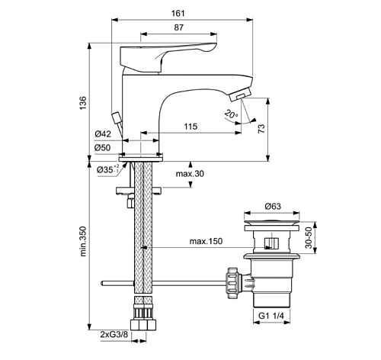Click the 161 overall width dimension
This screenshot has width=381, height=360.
click(x=178, y=13)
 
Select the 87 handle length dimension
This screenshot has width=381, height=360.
click(x=179, y=27)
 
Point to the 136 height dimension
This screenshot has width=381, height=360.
click(x=83, y=103)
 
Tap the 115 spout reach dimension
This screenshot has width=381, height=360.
click(x=190, y=127)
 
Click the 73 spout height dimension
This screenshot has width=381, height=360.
click(x=261, y=129)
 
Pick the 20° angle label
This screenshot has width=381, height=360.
click(x=231, y=114)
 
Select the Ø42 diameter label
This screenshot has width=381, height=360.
click(x=103, y=134)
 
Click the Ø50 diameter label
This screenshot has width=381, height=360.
click(x=103, y=147)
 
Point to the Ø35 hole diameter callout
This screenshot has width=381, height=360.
click(x=107, y=169)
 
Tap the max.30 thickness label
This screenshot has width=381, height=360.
click(x=190, y=174)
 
